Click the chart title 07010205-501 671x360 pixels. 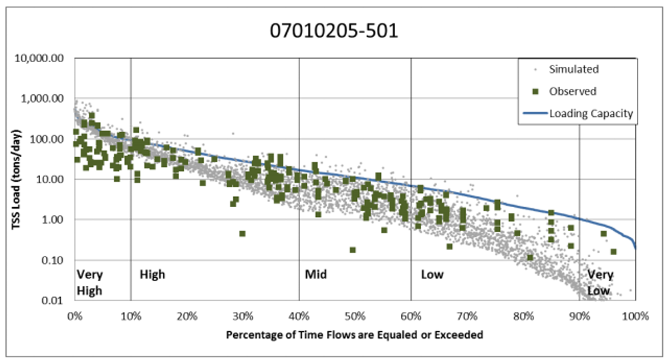[333, 31]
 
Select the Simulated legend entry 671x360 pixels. [573, 69]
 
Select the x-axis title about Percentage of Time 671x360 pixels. [354, 333]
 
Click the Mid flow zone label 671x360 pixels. [315, 275]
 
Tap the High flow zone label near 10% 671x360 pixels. [152, 275]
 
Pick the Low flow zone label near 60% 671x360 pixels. [432, 275]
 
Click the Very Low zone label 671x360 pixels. [599, 283]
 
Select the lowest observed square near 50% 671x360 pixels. [352, 250]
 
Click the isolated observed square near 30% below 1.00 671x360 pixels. [242, 234]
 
